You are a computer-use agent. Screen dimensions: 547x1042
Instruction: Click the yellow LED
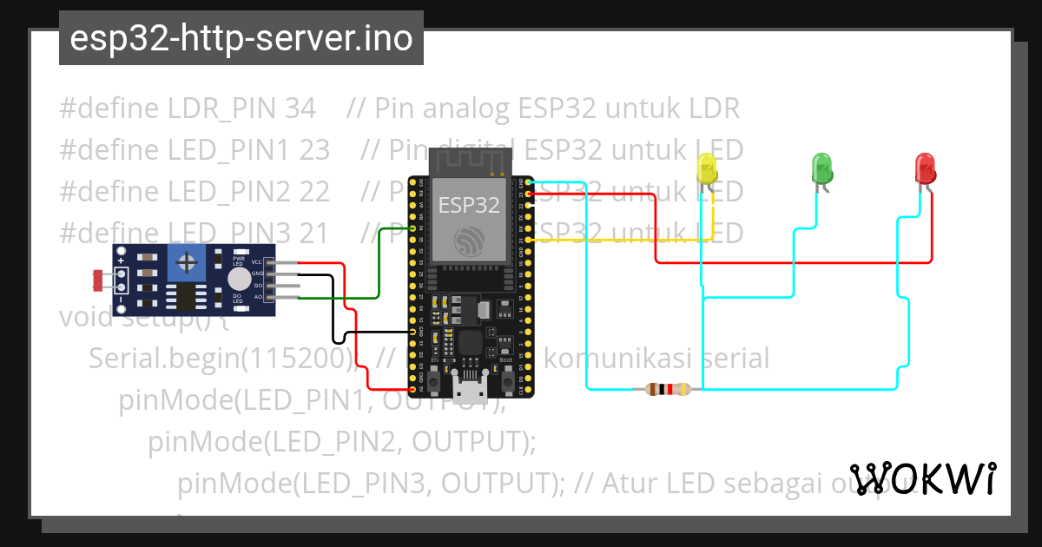(707, 168)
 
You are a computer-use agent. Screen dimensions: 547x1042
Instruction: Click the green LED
(821, 168)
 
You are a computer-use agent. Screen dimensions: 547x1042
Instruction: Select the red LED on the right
(926, 168)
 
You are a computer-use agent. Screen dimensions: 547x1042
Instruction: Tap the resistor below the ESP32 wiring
(669, 390)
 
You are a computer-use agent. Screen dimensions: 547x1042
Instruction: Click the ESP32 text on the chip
(469, 206)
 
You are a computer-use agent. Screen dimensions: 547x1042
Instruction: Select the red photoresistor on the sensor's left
(98, 280)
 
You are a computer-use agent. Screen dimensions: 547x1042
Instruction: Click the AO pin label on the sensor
(257, 297)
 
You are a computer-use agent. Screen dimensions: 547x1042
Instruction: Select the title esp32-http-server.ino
(241, 38)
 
